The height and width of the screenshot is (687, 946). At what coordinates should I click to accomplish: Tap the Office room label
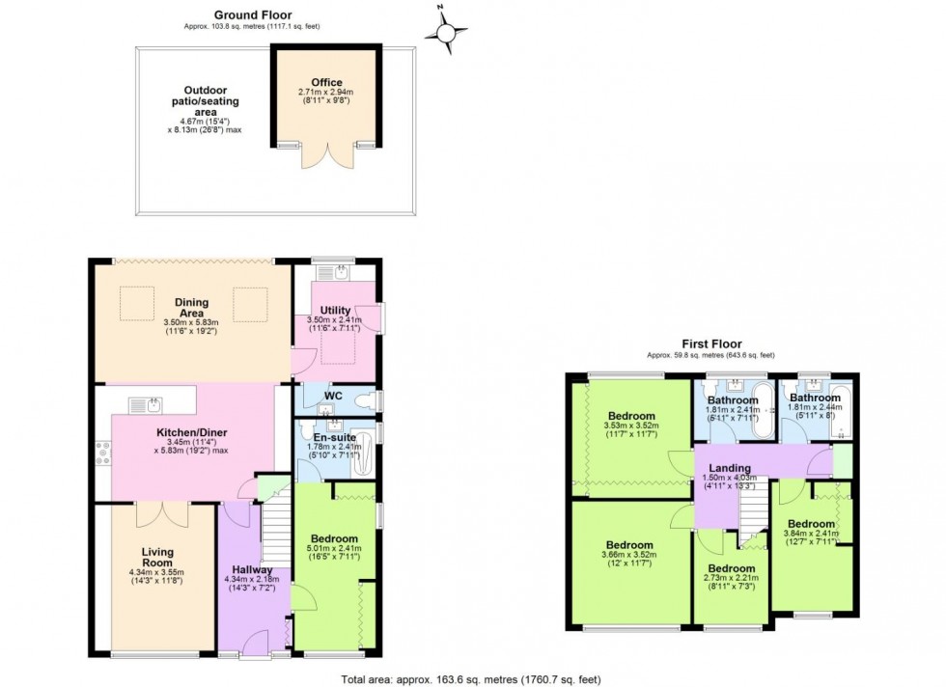coord(326,83)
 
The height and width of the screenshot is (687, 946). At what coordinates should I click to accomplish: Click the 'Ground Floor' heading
coord(252,14)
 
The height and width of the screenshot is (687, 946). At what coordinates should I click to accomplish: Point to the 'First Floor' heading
coord(709,343)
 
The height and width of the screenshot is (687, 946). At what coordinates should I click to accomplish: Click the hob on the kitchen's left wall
coord(102,452)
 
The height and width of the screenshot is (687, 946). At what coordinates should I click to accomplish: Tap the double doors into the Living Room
coord(156,513)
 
